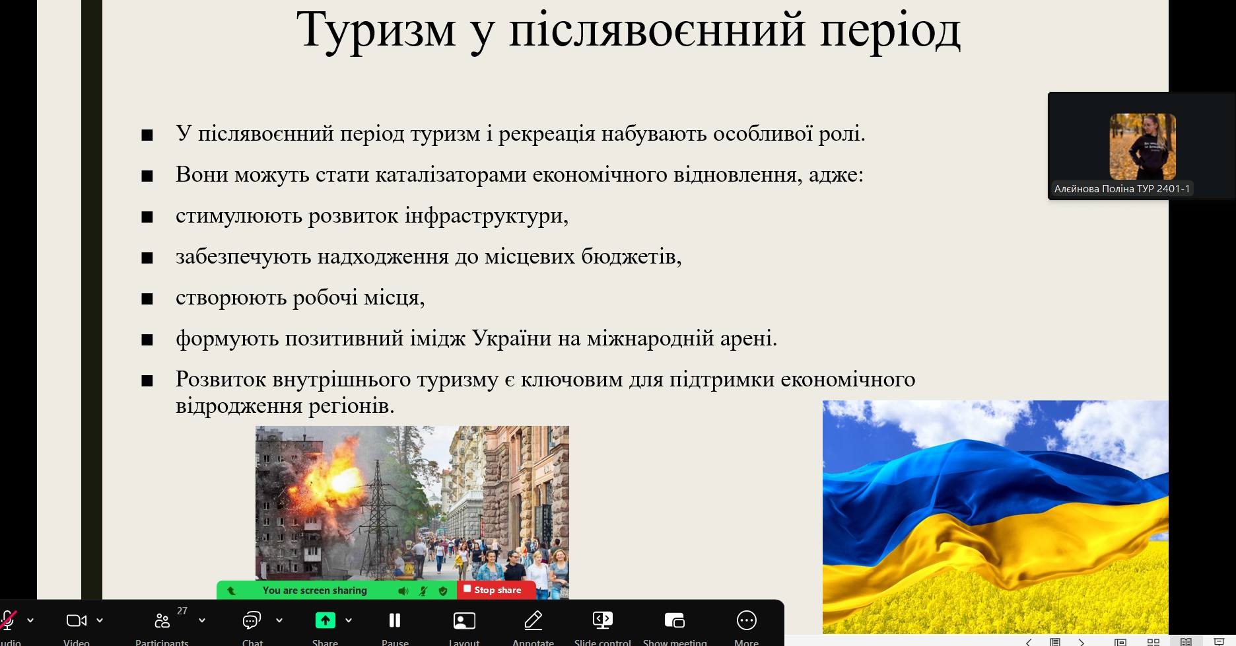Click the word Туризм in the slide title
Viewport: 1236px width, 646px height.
point(376,30)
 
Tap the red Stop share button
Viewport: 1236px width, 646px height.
point(497,590)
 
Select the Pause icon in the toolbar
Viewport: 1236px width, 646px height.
point(395,620)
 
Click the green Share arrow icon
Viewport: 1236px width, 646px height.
point(325,620)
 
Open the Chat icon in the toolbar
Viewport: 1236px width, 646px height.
point(252,620)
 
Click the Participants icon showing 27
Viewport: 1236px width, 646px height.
point(162,621)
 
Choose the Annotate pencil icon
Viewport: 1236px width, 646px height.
point(533,620)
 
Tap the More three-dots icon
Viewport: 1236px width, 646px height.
point(746,620)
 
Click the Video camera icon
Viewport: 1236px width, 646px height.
point(77,620)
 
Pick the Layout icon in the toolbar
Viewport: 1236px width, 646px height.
point(464,620)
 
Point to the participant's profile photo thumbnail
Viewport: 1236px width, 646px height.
point(1142,147)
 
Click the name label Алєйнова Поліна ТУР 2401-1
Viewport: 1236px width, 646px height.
point(1122,189)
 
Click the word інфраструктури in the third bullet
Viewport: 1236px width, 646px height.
point(487,216)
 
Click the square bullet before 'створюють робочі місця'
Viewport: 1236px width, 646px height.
point(147,299)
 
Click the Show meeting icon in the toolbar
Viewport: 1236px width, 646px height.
point(674,620)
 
